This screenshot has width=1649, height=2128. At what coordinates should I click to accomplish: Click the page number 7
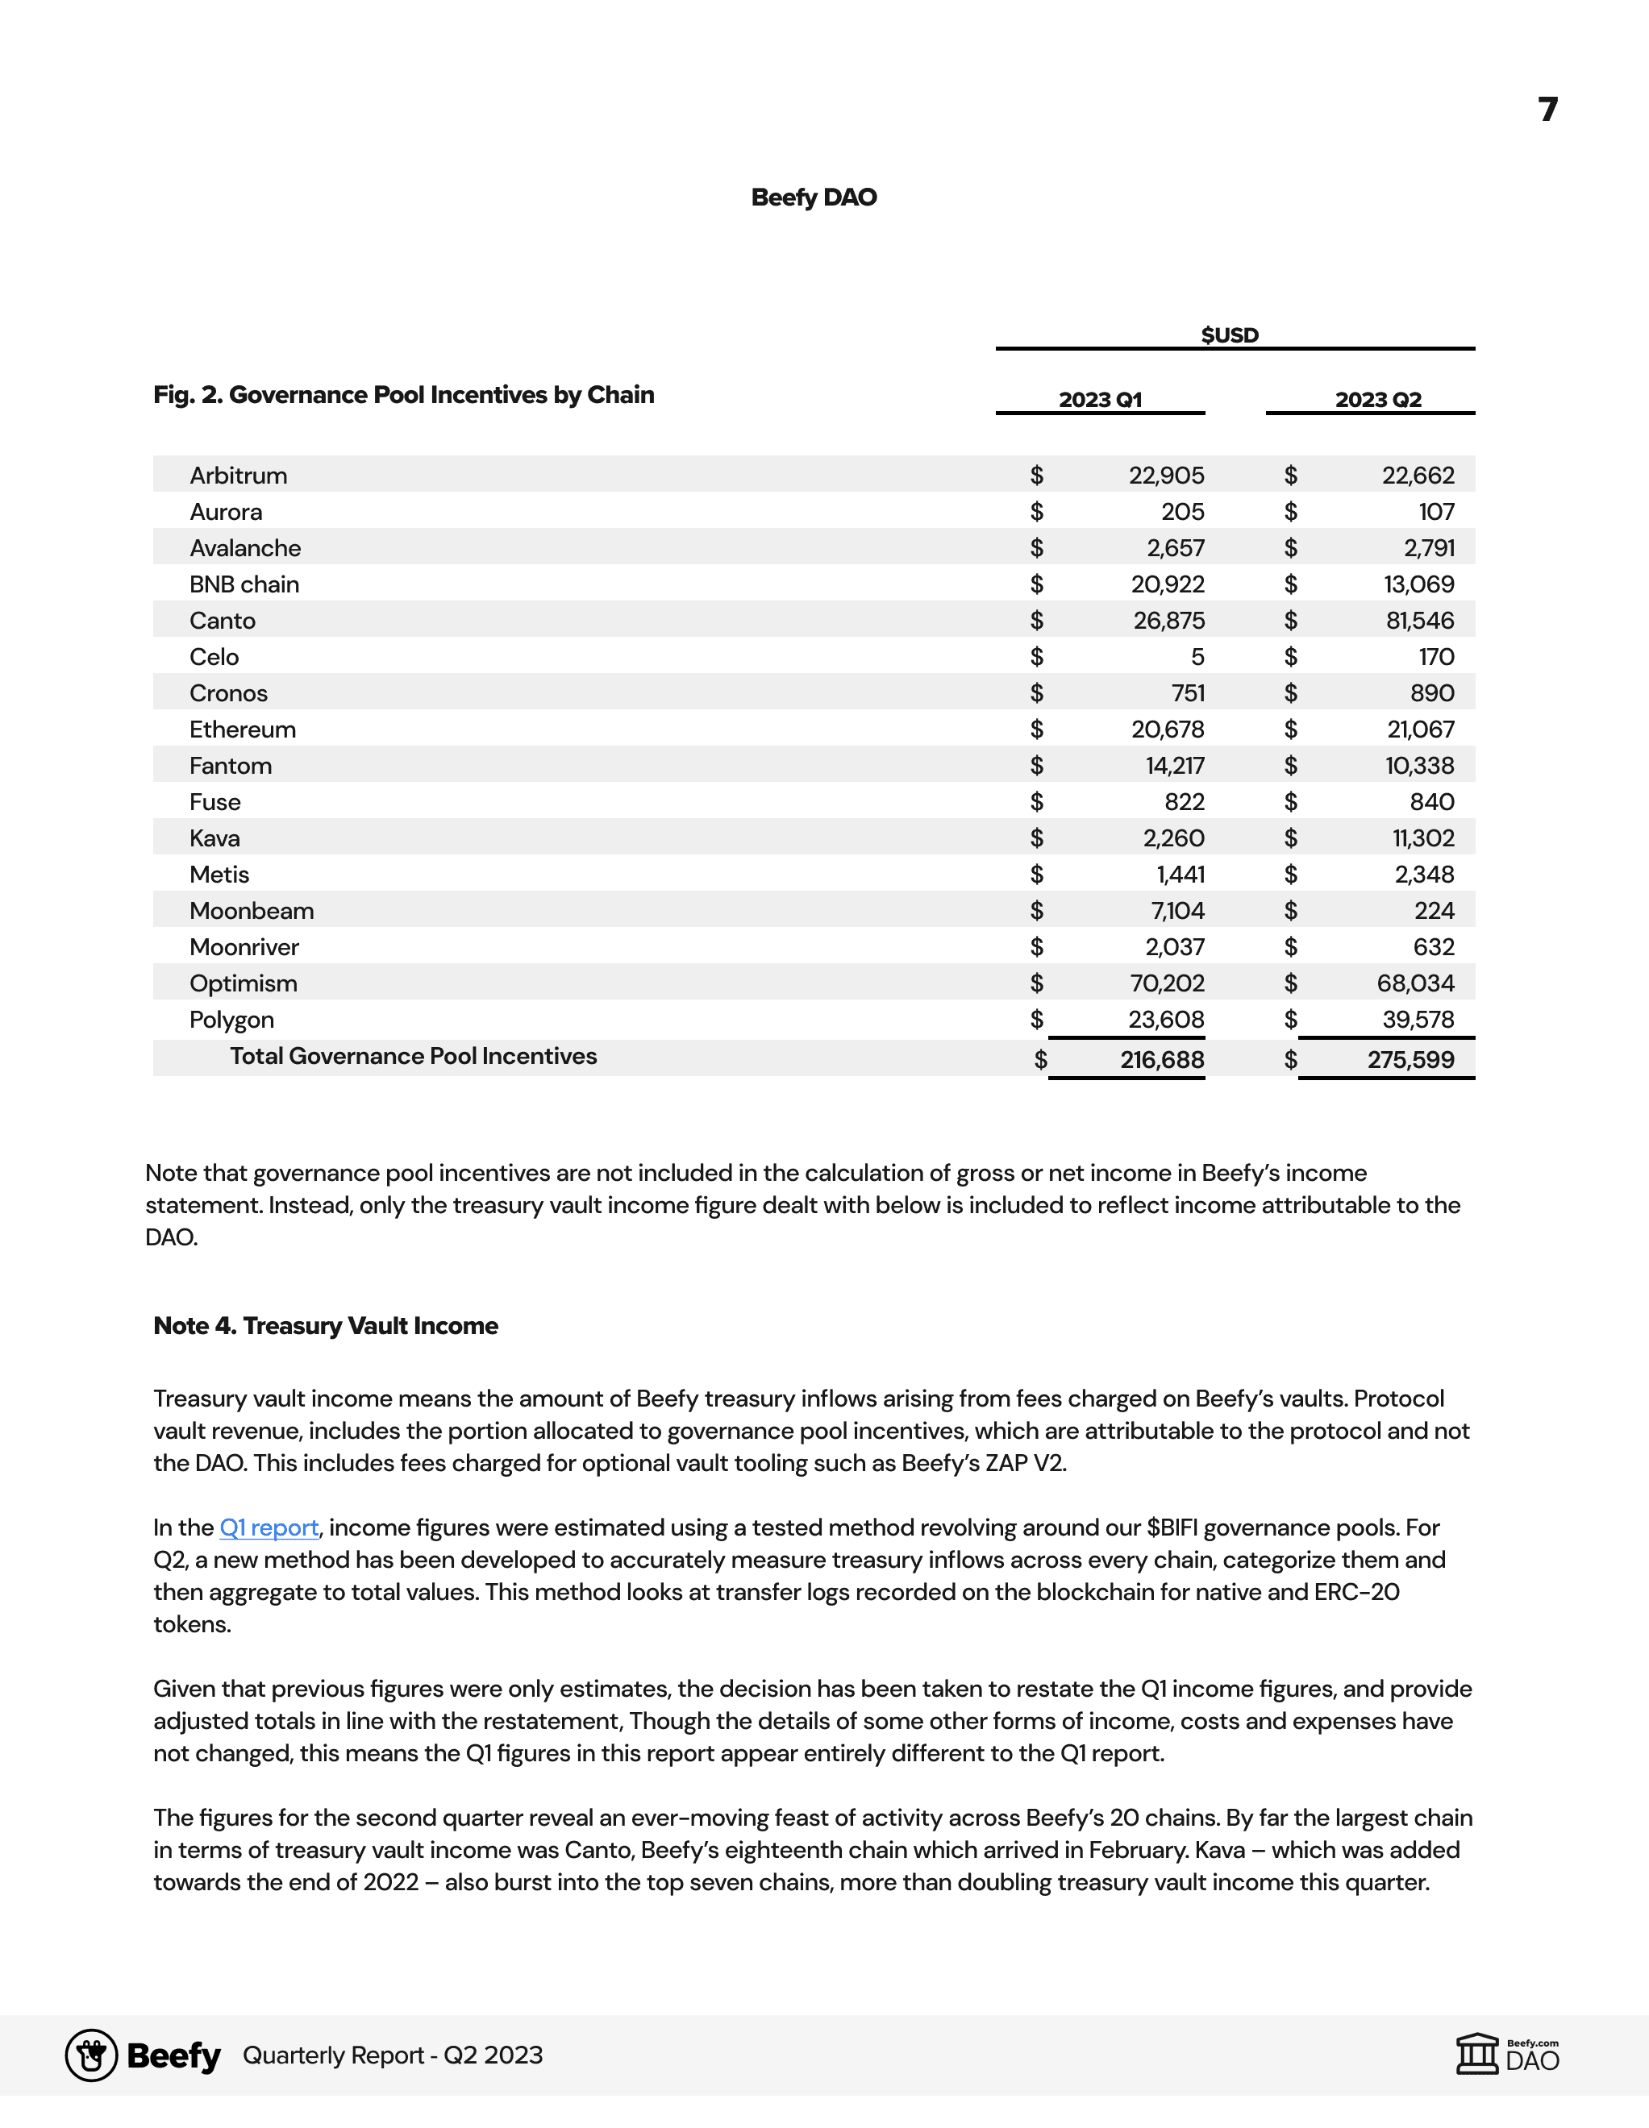click(1547, 108)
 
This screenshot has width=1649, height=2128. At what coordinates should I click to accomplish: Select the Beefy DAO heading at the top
click(814, 197)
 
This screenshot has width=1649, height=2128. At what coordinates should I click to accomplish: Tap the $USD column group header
click(1230, 335)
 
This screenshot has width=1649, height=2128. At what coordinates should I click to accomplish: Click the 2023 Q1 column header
click(1101, 400)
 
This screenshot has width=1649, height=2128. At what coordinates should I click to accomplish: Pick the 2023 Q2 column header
click(1378, 400)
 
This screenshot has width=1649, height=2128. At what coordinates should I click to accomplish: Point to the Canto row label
click(223, 621)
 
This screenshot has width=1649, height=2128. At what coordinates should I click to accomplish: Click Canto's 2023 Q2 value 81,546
click(1420, 621)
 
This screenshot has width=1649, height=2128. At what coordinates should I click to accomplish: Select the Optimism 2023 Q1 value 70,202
click(1168, 983)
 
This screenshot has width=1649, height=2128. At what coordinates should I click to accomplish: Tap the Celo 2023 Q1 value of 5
click(1197, 657)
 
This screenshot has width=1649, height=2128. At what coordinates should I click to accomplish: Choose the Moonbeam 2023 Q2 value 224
click(1435, 911)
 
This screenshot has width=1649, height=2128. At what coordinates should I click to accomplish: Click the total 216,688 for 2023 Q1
click(1162, 1059)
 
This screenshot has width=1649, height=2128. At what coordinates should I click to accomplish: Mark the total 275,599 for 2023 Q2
click(1410, 1059)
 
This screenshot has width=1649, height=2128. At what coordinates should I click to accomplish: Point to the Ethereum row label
click(243, 729)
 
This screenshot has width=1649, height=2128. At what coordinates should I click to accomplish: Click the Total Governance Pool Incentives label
click(413, 1056)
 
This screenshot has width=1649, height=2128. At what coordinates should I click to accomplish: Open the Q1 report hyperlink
click(269, 1527)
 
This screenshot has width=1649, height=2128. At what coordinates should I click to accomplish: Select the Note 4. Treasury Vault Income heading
click(326, 1326)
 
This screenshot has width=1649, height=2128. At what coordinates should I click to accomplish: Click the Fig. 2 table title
click(403, 395)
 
